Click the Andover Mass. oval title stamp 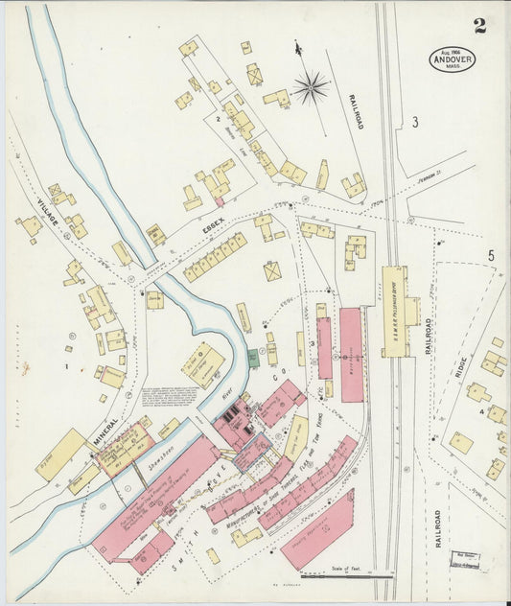452,59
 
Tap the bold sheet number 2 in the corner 478,25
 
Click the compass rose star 309,88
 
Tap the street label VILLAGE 46,207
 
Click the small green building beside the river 253,359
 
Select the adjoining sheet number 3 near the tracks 415,122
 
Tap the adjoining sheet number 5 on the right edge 490,255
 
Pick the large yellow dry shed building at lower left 61,454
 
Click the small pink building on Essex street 220,201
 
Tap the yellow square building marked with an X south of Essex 273,271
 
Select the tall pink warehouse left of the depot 352,354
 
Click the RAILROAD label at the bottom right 438,528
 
